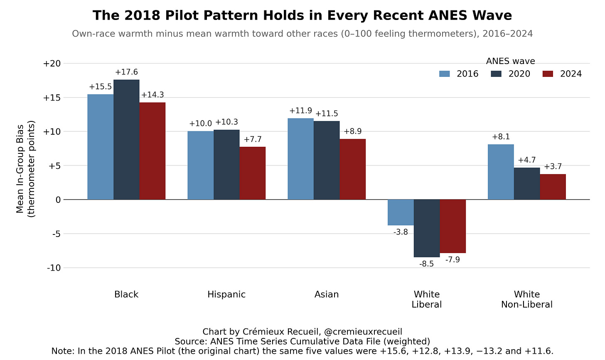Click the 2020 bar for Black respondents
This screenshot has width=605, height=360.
pyautogui.click(x=126, y=140)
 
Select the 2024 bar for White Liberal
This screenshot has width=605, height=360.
pyautogui.click(x=453, y=227)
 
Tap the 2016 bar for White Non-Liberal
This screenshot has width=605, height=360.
pyautogui.click(x=501, y=172)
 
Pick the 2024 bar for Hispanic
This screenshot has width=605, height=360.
pyautogui.click(x=253, y=173)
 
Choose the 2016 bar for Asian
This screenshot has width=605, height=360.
pyautogui.click(x=300, y=159)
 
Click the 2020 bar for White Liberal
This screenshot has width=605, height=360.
pyautogui.click(x=427, y=228)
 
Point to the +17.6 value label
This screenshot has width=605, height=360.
pyautogui.click(x=126, y=72)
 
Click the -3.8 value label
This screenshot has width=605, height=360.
pyautogui.click(x=401, y=232)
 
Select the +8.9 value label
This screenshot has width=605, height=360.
pyautogui.click(x=352, y=131)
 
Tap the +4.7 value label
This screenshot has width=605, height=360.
pyautogui.click(x=527, y=160)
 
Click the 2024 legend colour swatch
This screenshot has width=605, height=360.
pyautogui.click(x=548, y=74)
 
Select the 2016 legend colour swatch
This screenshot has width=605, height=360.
pyautogui.click(x=445, y=74)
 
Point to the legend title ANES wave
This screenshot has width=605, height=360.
pyautogui.click(x=510, y=61)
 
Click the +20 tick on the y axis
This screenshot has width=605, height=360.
pyautogui.click(x=52, y=64)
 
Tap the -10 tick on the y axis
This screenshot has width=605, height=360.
pyautogui.click(x=54, y=268)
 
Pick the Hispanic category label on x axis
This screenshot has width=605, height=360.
pyautogui.click(x=226, y=294)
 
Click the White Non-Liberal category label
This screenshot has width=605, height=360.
pyautogui.click(x=527, y=299)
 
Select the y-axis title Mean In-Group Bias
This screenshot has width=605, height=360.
pyautogui.click(x=20, y=169)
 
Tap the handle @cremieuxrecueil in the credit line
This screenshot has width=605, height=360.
pyautogui.click(x=363, y=332)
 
